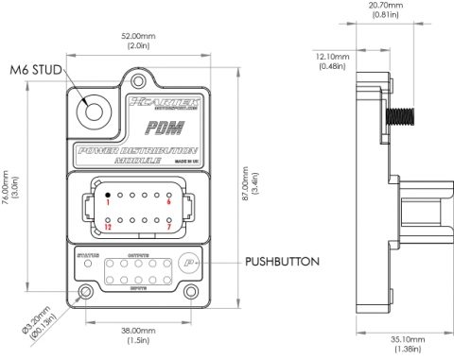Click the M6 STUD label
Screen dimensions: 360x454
pyautogui.click(x=37, y=71)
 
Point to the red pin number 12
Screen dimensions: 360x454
pyautogui.click(x=108, y=227)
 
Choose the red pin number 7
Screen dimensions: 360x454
pyautogui.click(x=167, y=227)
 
